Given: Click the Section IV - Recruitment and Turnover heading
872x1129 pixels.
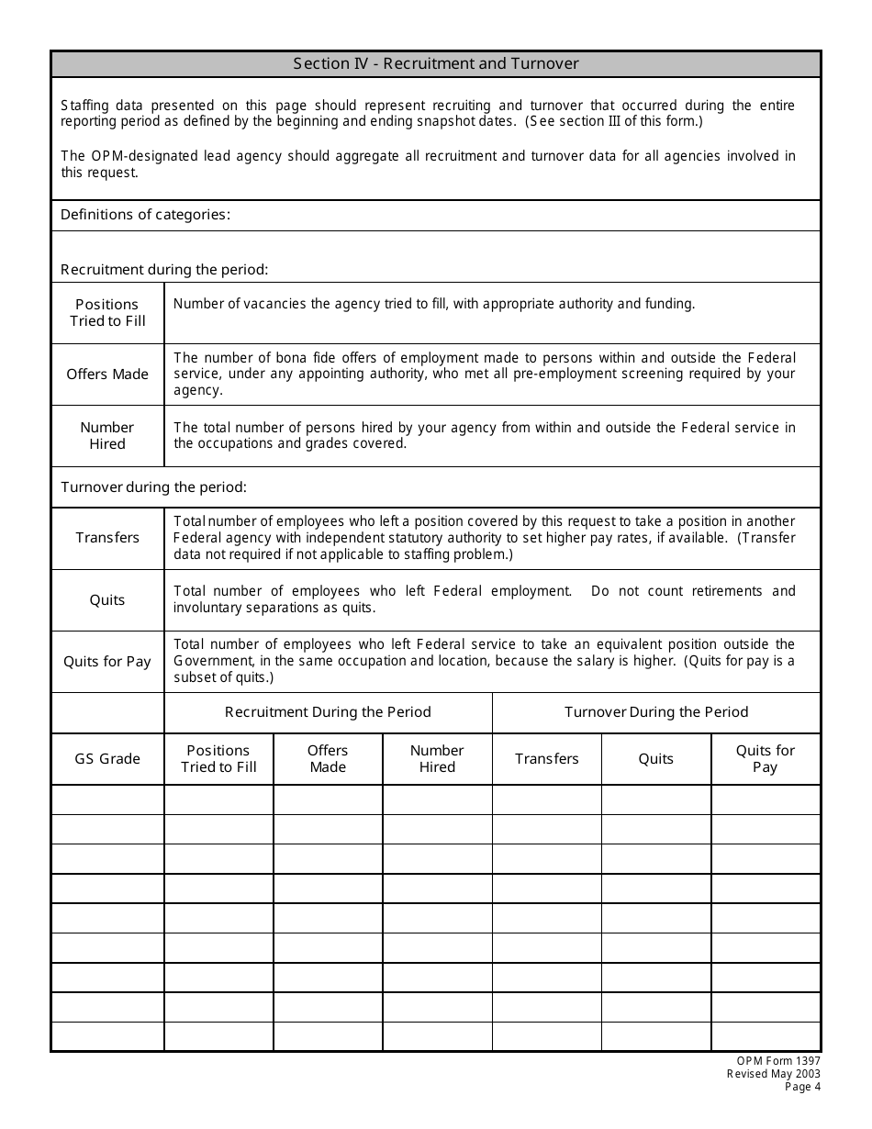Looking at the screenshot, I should [436, 64].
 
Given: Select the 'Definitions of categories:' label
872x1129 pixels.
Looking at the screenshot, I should [145, 215].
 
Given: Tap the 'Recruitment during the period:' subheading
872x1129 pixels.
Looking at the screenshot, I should [164, 270].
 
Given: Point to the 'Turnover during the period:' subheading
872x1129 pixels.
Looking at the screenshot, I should [153, 488].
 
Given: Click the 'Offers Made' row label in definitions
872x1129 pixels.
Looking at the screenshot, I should [107, 374].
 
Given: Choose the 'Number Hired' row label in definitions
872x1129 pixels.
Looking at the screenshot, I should [107, 436].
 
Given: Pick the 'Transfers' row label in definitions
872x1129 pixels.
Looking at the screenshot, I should [107, 538].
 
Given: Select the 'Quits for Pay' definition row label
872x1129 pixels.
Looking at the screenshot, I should [107, 662].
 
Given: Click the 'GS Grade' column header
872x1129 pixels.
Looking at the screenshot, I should [107, 759].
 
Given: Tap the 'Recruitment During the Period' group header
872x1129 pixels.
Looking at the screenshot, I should [328, 712].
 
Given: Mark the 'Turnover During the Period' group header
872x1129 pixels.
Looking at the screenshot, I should [656, 712].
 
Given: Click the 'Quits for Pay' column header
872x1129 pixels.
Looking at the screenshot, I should [766, 759].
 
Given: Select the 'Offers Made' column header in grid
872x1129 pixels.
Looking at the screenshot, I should [328, 759].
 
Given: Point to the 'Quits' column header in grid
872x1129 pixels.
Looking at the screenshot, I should [656, 759].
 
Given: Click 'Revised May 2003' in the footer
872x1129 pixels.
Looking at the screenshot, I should [774, 1074].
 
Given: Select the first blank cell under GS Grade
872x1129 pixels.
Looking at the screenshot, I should [107, 800].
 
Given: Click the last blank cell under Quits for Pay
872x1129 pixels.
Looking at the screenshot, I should [766, 1036].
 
